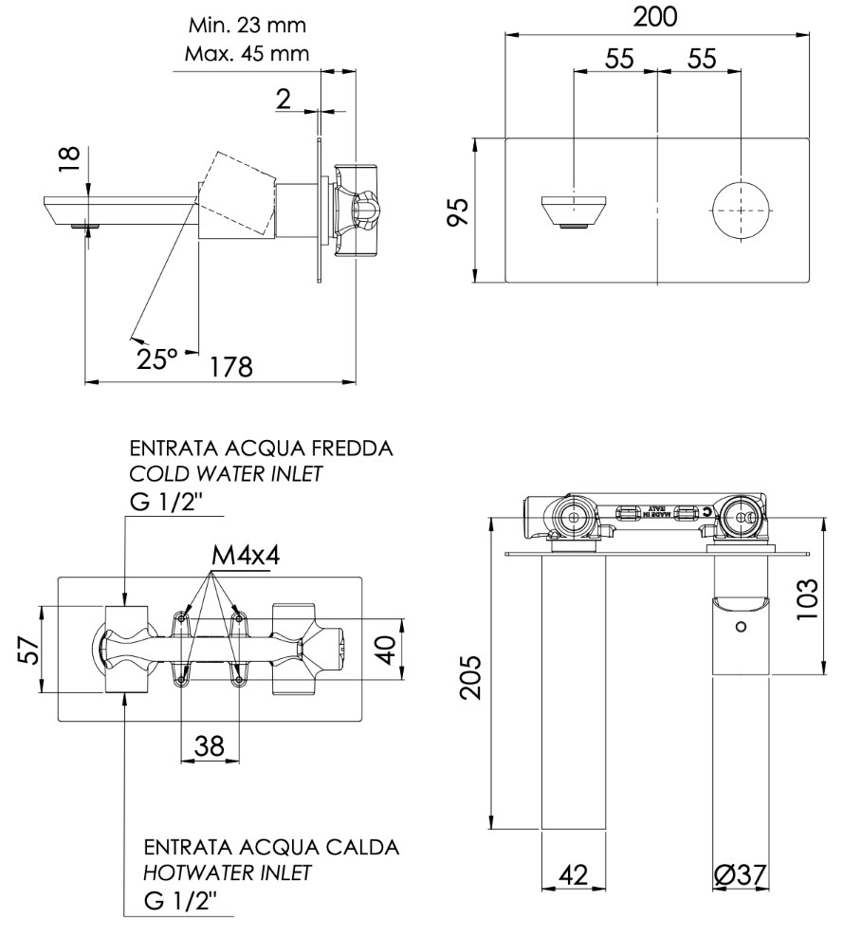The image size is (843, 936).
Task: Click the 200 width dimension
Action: [655, 17]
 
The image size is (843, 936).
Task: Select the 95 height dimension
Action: [459, 211]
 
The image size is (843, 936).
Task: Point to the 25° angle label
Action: [157, 358]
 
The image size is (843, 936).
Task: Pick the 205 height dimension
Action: [476, 675]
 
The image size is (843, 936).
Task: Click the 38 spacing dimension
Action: [209, 746]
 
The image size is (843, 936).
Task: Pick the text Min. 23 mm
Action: [247, 25]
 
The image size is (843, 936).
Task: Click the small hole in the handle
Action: [742, 626]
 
